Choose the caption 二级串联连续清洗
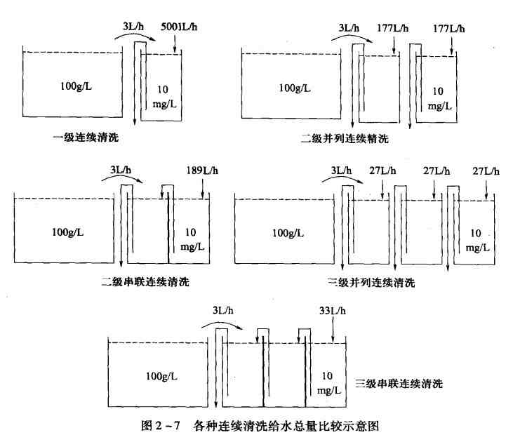[145, 282]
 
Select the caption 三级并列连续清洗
[371, 283]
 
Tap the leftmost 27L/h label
[382, 170]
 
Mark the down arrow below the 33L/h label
[331, 330]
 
